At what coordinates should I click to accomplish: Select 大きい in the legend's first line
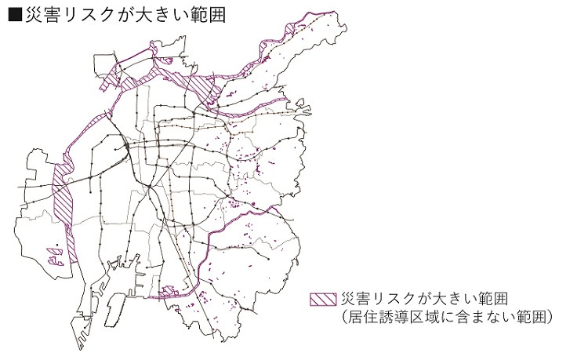click(x=453, y=300)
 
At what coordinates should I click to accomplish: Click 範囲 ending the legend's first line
click(x=492, y=300)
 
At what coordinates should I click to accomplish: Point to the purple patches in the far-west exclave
click(x=53, y=255)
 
